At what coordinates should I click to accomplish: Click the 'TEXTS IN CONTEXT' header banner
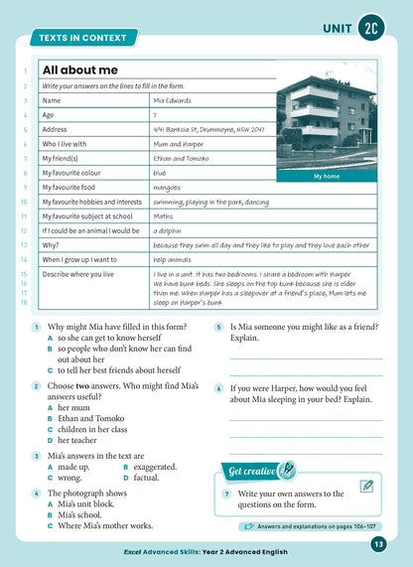click(82, 38)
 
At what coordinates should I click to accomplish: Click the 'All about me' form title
click(80, 71)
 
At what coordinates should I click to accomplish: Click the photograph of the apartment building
click(327, 119)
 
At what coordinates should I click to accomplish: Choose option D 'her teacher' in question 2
click(79, 439)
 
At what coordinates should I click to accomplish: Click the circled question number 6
click(218, 389)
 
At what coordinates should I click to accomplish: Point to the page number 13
click(378, 543)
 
